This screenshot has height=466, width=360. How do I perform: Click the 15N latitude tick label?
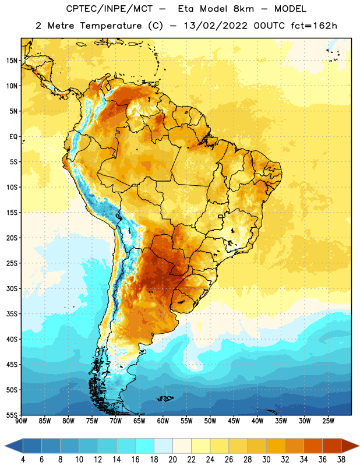pos(12,61)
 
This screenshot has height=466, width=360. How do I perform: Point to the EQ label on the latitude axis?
pos(13,137)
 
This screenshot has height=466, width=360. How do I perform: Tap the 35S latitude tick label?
pos(12,314)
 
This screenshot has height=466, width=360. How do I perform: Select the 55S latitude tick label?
pos(12,415)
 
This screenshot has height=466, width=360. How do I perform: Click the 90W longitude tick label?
pos(22,421)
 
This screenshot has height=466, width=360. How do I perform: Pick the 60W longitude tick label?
pos(163,421)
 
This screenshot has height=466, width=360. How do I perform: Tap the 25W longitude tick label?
pos(328,421)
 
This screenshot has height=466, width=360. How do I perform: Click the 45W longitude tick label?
pos(234,421)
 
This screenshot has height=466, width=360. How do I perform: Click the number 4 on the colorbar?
pos(23,460)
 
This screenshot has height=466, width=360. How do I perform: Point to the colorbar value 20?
pos(172,460)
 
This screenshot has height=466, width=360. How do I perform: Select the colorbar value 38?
pos(341,460)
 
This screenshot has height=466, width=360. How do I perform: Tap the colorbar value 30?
pos(266,460)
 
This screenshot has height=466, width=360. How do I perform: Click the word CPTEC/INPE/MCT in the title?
pos(109,9)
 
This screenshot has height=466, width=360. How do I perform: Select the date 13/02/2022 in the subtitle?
pos(216,26)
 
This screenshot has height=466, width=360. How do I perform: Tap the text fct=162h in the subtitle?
pos(314,26)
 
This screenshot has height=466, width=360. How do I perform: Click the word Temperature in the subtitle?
pos(111,26)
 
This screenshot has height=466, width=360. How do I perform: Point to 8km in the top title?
pos(243,9)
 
